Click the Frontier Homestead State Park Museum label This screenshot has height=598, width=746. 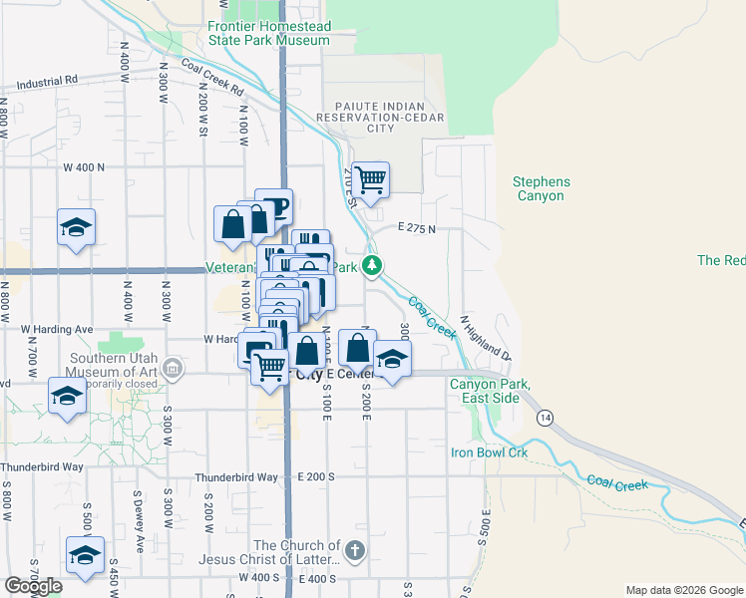coord(268,34)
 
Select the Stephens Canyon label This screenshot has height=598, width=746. coord(542,188)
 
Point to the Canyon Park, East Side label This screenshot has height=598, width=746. coord(490,391)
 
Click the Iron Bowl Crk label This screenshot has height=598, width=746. coord(488,452)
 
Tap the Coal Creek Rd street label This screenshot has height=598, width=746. coord(212,77)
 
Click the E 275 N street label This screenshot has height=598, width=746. coord(418,228)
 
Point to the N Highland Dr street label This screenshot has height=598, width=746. coord(485,339)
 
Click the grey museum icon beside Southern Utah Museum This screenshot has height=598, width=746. coord(174,370)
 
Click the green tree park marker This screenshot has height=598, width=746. coord(371,265)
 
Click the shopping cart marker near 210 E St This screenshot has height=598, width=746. coord(370,179)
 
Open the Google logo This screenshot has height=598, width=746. coord(33,586)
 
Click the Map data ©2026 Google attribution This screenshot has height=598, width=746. coord(683,590)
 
